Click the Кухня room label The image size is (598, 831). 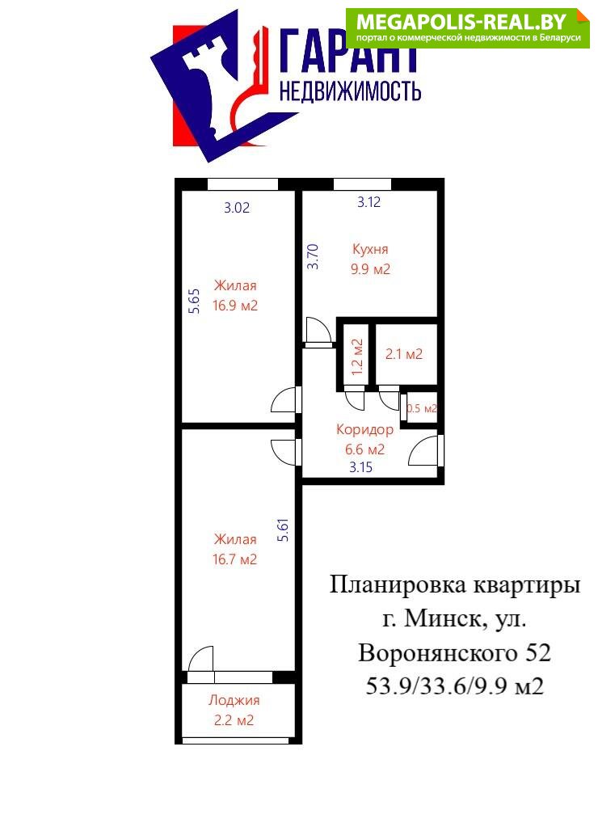370,249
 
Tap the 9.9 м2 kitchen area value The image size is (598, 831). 370,269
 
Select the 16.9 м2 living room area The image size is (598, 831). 235,306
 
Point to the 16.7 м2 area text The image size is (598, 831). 234,559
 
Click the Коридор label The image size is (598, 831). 365,430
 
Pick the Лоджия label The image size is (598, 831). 234,701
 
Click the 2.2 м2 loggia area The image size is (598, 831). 234,721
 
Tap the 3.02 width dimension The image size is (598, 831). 237,208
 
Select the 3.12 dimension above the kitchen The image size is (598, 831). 368,202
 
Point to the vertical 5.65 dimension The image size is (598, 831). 195,302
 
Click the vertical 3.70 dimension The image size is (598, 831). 314,256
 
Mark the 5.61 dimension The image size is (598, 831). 284,529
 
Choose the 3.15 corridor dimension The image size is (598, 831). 360,467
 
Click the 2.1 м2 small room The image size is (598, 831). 404,354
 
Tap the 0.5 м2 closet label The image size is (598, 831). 422,408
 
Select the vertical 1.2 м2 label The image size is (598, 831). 357,356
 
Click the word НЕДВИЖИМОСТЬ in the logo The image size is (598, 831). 350,91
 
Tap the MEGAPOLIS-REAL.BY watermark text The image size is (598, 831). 461,22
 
